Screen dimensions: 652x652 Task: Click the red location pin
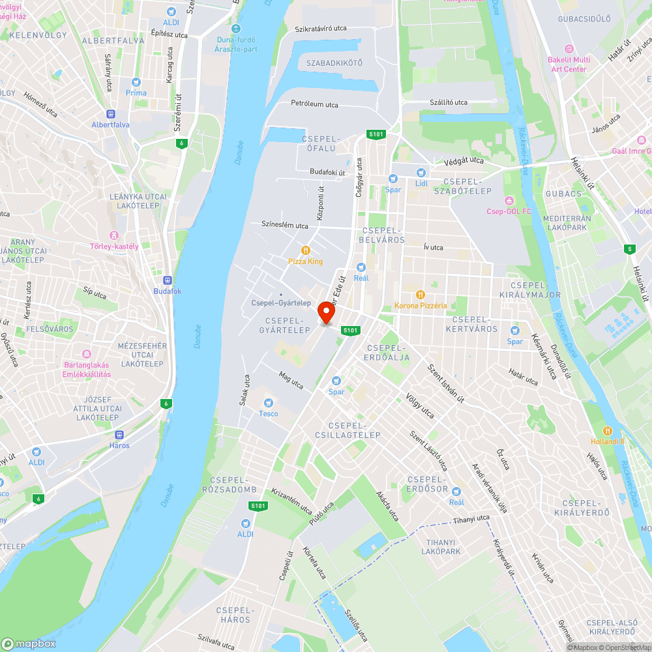tap(325, 312)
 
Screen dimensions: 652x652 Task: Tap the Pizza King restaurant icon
tap(305, 250)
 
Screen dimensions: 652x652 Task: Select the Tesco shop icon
tap(268, 402)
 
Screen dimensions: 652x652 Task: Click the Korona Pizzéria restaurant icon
tap(421, 294)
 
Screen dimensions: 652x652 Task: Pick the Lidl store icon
tap(421, 172)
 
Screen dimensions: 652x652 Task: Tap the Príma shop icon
tap(136, 82)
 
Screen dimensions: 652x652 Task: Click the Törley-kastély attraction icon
tap(114, 235)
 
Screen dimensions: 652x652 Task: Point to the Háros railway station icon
tap(119, 434)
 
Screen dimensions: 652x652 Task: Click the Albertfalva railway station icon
tap(110, 113)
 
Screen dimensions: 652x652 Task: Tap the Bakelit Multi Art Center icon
tap(569, 49)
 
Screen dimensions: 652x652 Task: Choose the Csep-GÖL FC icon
tap(509, 200)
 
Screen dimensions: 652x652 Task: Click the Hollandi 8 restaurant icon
tap(608, 430)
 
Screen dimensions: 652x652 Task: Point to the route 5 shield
tap(629, 249)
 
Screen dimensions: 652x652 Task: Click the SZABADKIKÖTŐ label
tap(334, 63)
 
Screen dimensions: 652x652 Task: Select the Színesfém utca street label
tap(284, 226)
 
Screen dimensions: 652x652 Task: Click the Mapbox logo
tap(28, 644)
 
